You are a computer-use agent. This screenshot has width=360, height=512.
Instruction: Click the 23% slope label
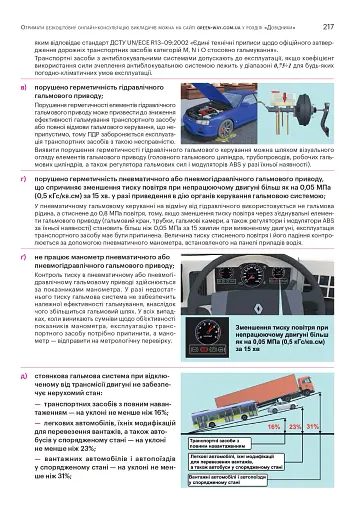[296, 426]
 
